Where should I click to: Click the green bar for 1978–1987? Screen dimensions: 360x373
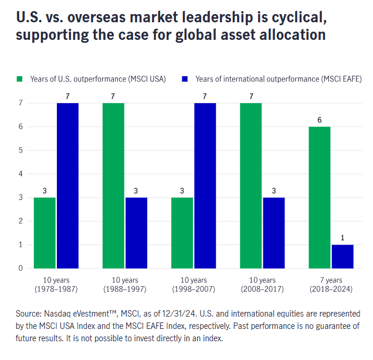tap(45, 233)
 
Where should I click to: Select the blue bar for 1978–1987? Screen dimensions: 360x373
tap(67, 185)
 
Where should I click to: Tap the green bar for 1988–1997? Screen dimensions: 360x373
tap(113, 185)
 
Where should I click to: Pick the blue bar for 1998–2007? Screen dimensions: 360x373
tap(205, 185)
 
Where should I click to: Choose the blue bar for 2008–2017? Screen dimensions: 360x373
tap(273, 233)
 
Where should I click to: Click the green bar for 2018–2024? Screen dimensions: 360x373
tap(320, 198)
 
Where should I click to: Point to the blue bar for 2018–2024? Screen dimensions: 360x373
tap(343, 256)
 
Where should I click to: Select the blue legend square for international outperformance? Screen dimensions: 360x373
tap(185, 78)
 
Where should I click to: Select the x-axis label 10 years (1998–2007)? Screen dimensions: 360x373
tap(193, 284)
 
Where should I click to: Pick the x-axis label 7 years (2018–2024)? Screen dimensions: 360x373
tap(331, 284)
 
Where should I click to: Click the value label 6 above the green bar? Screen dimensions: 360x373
tap(320, 119)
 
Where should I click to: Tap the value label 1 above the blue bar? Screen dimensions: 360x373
tap(343, 237)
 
